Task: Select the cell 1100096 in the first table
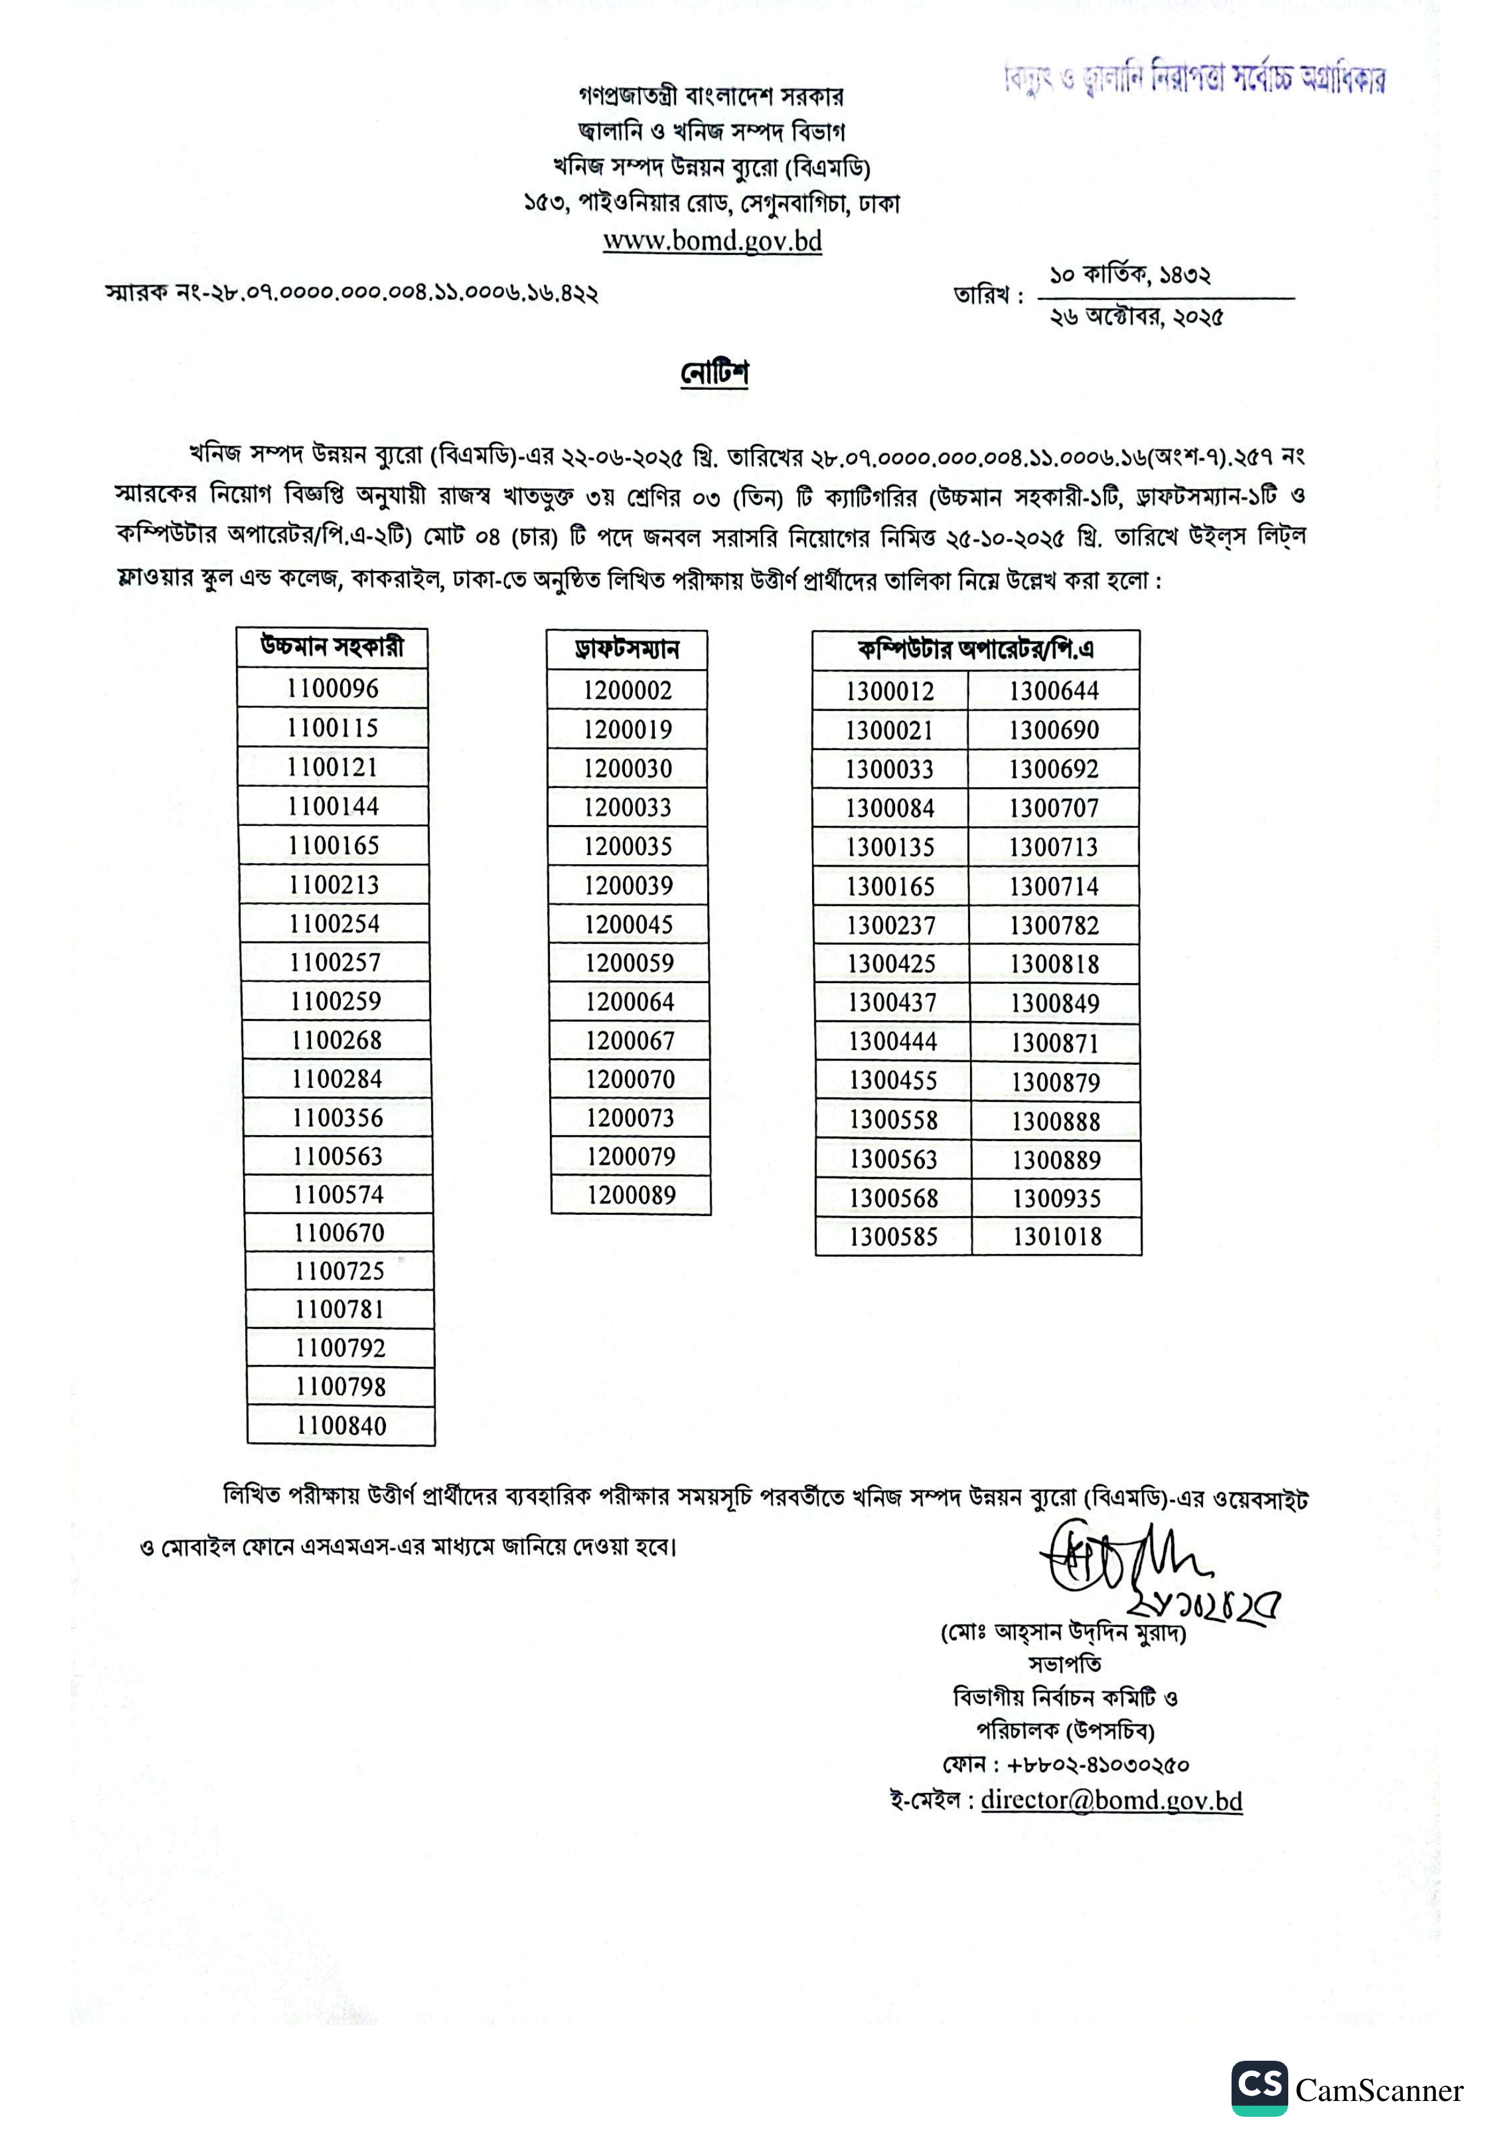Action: [333, 688]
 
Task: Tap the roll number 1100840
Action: [341, 1425]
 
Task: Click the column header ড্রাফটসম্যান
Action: [627, 650]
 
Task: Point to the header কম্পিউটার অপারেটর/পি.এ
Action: [975, 650]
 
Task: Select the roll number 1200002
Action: [627, 690]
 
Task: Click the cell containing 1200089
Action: [630, 1195]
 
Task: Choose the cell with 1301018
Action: [1057, 1237]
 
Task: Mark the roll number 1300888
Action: [1055, 1122]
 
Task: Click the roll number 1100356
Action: [337, 1117]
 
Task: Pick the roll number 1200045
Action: [629, 925]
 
